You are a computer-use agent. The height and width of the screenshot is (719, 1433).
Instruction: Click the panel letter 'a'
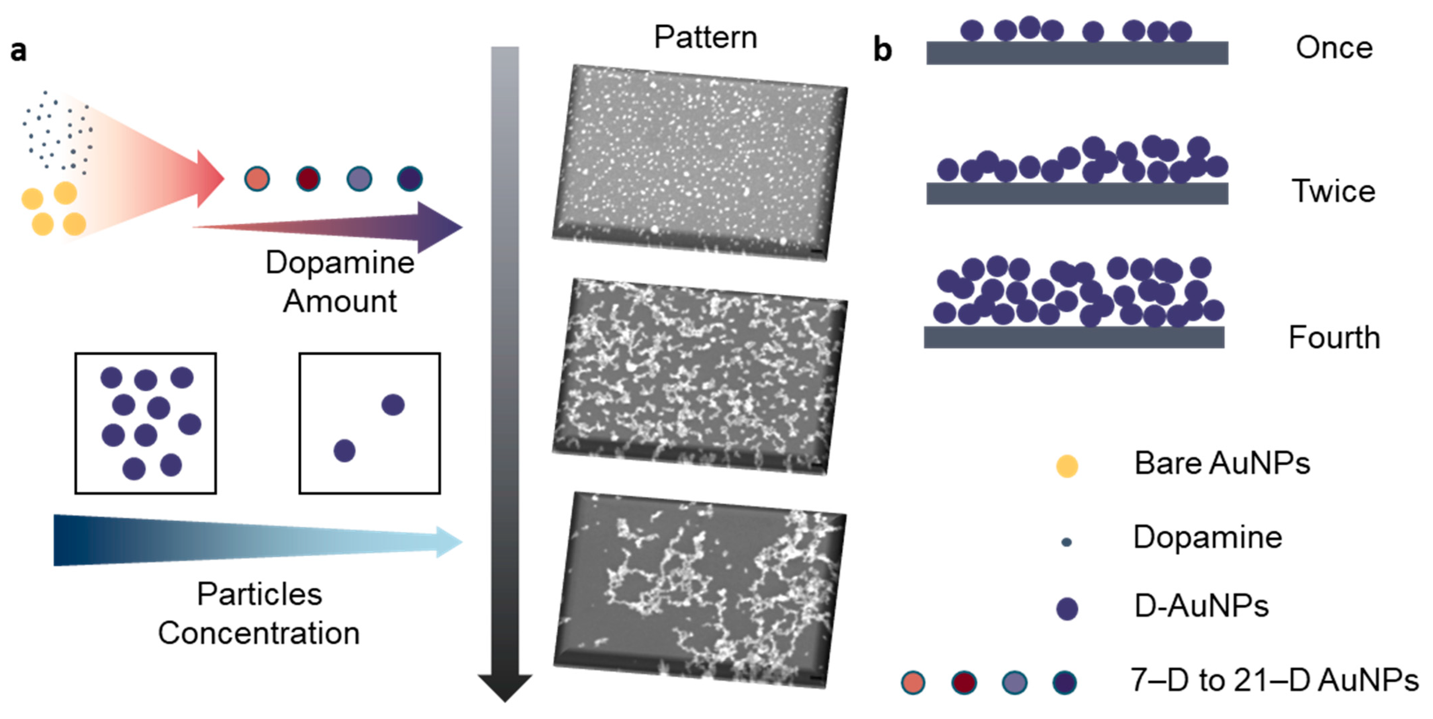coord(18,51)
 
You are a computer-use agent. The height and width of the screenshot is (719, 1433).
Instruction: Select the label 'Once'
coord(1334,48)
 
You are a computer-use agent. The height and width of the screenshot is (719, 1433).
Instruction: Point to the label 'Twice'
coord(1333,191)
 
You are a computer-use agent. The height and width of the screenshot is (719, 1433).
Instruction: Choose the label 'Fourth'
coord(1334,337)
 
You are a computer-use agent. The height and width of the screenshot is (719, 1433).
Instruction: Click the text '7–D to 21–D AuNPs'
coord(1274,680)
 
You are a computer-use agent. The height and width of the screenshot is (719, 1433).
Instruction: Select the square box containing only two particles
coord(369,423)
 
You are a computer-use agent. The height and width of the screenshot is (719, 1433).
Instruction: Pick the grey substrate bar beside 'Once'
coord(1077,53)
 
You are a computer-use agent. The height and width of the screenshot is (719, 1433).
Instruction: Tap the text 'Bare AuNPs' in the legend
coord(1222,463)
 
